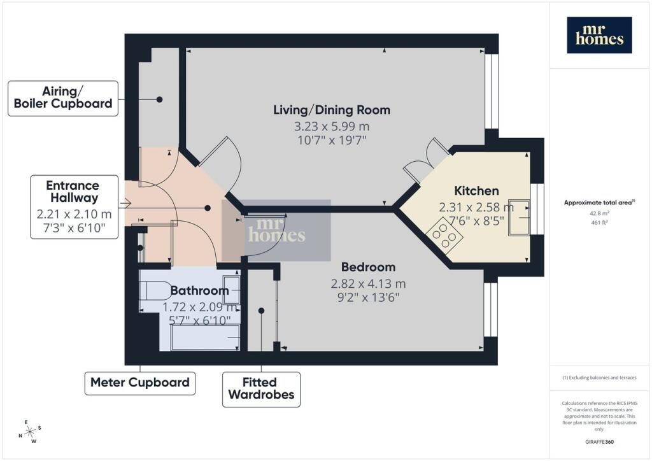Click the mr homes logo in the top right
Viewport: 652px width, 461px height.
(x=599, y=35)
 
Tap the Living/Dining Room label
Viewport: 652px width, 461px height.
(x=332, y=110)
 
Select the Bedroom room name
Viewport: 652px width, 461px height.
(x=369, y=267)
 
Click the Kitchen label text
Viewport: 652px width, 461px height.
(x=476, y=191)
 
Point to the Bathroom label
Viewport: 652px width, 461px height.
(x=199, y=290)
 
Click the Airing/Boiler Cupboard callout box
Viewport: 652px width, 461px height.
(x=63, y=99)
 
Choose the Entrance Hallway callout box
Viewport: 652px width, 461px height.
(x=74, y=207)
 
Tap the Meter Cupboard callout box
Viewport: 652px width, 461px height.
(x=140, y=383)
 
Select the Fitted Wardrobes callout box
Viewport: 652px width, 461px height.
(x=261, y=390)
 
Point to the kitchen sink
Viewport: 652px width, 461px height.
(x=519, y=218)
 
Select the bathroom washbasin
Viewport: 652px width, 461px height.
(x=232, y=290)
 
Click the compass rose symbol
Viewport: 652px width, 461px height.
(x=30, y=432)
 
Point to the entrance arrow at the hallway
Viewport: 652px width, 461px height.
(x=125, y=203)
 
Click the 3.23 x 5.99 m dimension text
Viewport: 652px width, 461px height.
(x=332, y=126)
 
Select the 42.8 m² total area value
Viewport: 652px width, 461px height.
(x=599, y=213)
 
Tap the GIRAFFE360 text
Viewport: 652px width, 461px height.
(x=599, y=442)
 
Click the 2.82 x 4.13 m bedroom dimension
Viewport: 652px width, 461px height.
(x=369, y=284)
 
